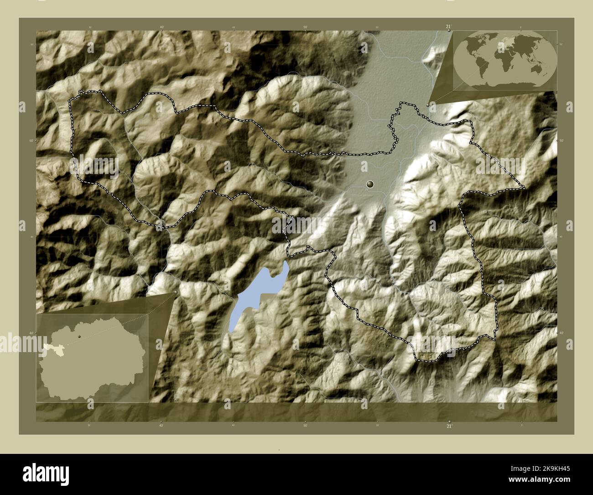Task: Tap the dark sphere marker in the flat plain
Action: click(370, 184)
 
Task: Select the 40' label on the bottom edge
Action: click(161, 426)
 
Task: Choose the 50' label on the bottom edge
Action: click(305, 426)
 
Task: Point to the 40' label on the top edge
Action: click(162, 27)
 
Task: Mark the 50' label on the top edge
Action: click(305, 27)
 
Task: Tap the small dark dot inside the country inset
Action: click(79, 337)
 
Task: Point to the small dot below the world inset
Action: click(427, 105)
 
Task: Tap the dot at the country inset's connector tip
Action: click(176, 292)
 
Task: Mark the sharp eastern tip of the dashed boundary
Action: click(525, 188)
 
